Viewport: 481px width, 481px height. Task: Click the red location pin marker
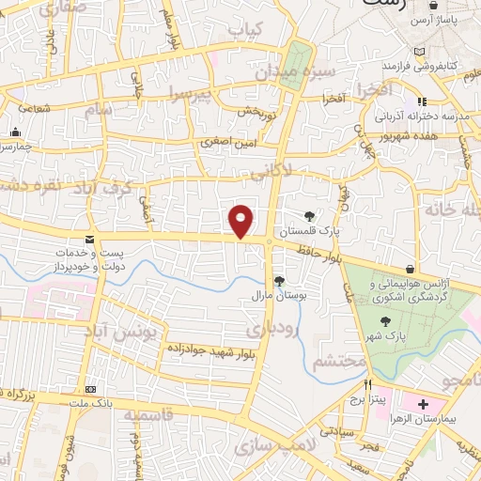241,221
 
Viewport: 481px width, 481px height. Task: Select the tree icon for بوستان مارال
279,280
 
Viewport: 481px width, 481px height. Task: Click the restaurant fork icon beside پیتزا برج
368,384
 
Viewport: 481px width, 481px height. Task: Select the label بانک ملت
92,402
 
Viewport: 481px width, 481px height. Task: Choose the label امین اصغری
226,143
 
